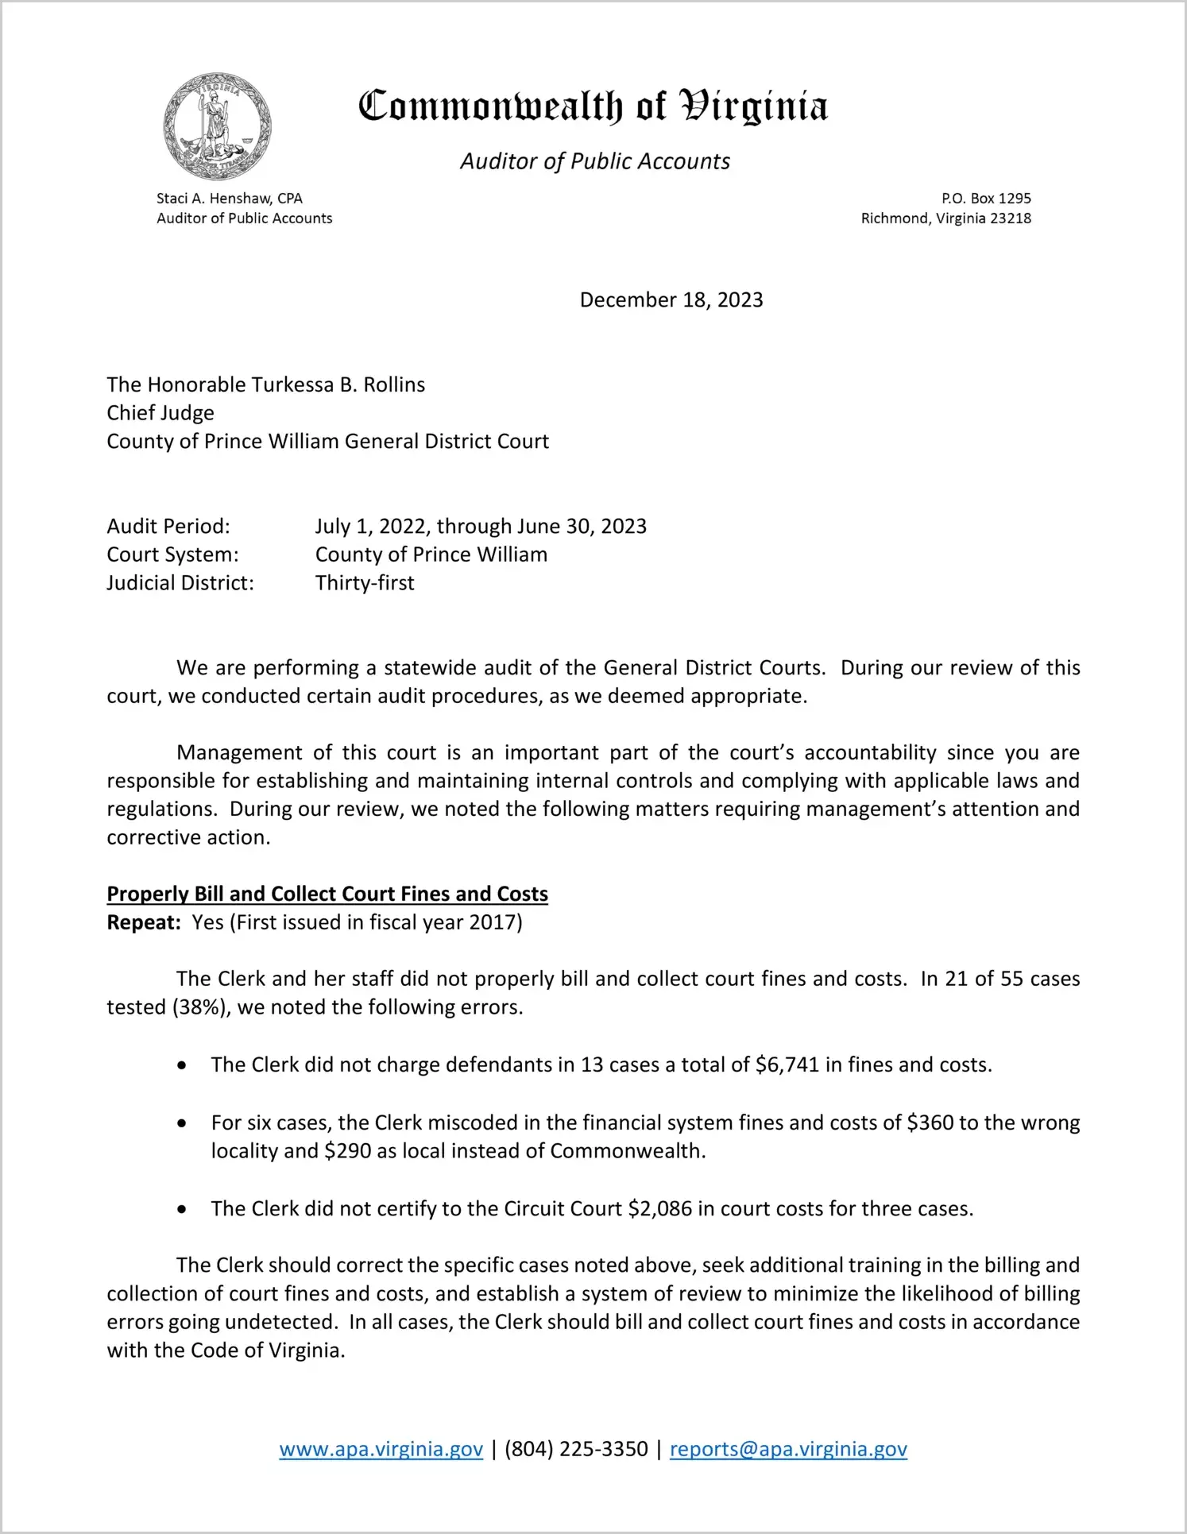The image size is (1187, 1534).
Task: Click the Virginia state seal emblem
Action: (x=217, y=126)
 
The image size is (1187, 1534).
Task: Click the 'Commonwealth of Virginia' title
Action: (x=593, y=106)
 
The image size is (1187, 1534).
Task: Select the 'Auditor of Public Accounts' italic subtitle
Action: (x=594, y=161)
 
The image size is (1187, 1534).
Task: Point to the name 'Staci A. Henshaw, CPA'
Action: (x=229, y=199)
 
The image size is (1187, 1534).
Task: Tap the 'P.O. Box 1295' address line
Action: (x=986, y=199)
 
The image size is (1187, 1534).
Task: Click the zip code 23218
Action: (x=1010, y=218)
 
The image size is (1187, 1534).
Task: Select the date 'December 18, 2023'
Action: (x=671, y=299)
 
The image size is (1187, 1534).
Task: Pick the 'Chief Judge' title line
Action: (x=160, y=413)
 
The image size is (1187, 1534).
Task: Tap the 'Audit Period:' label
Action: (x=168, y=526)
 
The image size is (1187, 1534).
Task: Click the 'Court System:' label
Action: (x=172, y=554)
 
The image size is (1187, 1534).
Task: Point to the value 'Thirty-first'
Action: (x=365, y=583)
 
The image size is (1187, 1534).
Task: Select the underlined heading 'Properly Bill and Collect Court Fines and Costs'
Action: (x=327, y=894)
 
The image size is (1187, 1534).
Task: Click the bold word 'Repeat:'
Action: (x=144, y=922)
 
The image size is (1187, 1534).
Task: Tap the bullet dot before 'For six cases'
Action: (x=183, y=1123)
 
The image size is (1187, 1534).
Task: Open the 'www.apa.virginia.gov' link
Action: (x=381, y=1449)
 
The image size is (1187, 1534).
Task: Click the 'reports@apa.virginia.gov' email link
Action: (x=788, y=1449)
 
